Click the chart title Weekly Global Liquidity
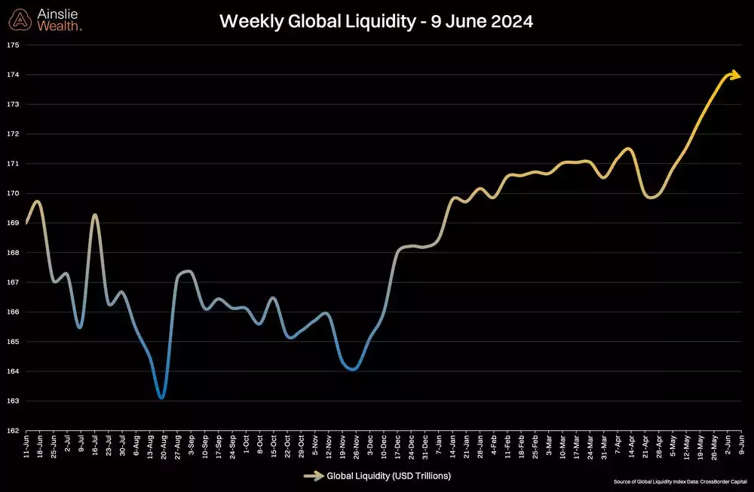(375, 21)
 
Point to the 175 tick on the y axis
(12, 45)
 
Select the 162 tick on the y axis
(12, 431)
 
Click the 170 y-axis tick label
(12, 194)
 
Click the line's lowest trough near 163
(161, 397)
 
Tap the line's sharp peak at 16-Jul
(95, 215)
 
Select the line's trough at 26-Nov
(353, 369)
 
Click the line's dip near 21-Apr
(651, 197)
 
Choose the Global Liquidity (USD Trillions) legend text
(388, 476)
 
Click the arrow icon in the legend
(313, 476)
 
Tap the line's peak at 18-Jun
(38, 201)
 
